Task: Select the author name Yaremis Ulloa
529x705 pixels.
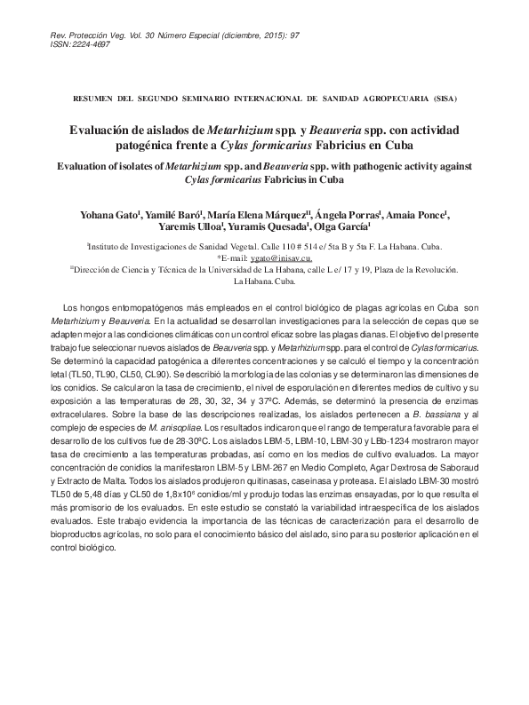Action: (x=188, y=227)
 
